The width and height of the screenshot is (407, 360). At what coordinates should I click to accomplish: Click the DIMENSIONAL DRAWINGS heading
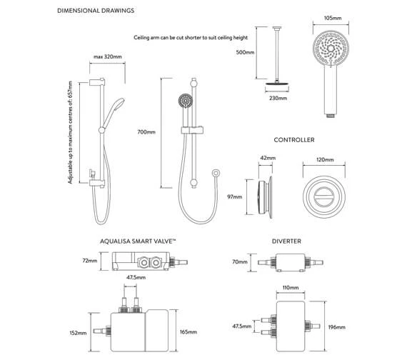coord(96,11)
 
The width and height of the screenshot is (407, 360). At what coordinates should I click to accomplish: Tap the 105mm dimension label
coord(333,18)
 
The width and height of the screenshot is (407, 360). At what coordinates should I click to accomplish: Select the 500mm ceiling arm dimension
coord(245,52)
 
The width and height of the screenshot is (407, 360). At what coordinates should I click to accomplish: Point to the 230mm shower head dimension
coord(278,98)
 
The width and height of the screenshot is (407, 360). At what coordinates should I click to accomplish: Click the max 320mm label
coord(107,56)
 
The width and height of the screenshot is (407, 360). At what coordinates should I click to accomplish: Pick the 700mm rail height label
coord(146,132)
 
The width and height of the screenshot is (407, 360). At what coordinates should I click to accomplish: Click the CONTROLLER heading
coord(294,140)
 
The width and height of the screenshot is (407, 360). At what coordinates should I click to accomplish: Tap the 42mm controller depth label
coord(268,158)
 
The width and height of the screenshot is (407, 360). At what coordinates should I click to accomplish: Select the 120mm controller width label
coord(325,160)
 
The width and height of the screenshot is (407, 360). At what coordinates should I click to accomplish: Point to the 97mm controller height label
coord(235,197)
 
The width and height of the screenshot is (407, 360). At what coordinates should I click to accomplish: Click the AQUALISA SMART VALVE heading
coord(138,241)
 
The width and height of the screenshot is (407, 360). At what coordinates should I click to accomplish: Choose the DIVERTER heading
coord(286,241)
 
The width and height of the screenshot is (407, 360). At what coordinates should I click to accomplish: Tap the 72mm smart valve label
coord(89,261)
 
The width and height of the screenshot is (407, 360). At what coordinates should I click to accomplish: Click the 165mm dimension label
coord(189,332)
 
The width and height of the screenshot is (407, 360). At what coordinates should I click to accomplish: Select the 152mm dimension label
coord(78,333)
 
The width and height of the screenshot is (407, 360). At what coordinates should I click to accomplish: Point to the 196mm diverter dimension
coord(336,327)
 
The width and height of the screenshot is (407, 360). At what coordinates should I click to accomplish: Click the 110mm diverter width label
coord(291,288)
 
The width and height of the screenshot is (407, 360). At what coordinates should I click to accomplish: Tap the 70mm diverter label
coord(240,262)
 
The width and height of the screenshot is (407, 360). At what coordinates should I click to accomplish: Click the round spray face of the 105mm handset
coord(331,49)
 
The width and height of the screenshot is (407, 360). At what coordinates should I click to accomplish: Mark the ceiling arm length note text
coord(191,38)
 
